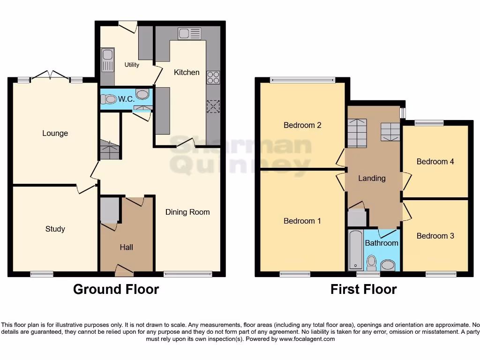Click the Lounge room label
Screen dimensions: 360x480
(55, 133)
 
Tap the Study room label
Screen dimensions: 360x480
(55, 229)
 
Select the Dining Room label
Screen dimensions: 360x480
(187, 212)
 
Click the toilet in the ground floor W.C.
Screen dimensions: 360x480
(109, 99)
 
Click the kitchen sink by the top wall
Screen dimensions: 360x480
(189, 34)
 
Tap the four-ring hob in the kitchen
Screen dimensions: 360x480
(213, 77)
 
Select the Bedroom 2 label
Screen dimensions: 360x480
(302, 125)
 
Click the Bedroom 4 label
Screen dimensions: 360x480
(435, 161)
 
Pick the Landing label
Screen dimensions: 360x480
(372, 178)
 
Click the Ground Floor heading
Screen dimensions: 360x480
(116, 289)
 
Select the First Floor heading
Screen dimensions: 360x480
(363, 289)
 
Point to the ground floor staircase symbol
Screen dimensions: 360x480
(110, 150)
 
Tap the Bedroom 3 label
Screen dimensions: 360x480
(435, 236)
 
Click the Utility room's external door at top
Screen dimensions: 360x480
(127, 25)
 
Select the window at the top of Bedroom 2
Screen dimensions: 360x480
(302, 80)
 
